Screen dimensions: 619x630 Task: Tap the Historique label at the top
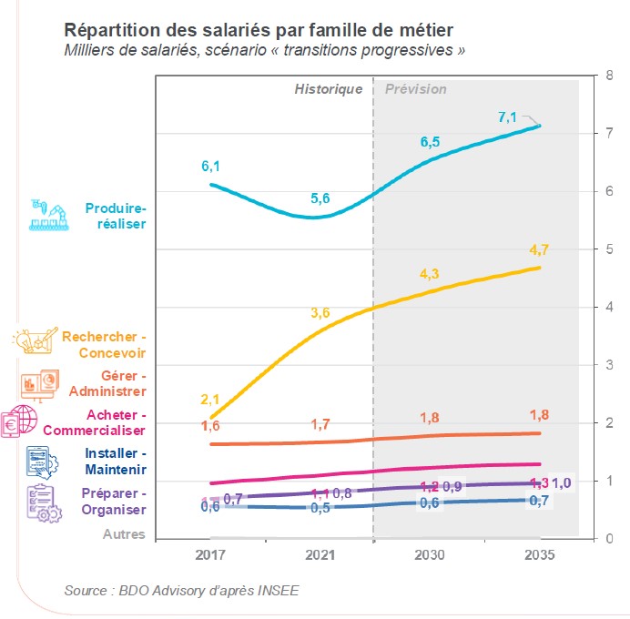point(328,89)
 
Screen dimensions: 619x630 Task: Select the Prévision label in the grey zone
point(416,89)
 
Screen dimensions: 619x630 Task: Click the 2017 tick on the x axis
point(210,555)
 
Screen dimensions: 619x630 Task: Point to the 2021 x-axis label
point(320,555)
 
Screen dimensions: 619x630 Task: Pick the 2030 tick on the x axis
point(430,555)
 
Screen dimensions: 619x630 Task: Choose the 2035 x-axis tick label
point(540,555)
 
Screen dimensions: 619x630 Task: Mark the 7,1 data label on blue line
point(507,117)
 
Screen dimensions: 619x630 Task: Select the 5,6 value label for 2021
point(320,198)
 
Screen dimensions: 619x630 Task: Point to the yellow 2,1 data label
point(210,400)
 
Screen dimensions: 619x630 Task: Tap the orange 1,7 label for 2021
point(320,424)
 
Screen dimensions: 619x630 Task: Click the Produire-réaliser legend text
point(115,216)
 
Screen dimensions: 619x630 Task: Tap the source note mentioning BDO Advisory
point(181,591)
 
